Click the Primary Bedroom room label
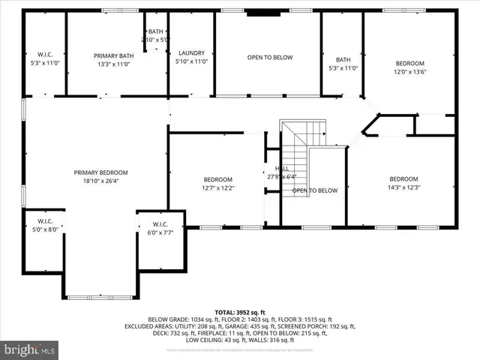tap(100, 172)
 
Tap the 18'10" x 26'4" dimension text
tap(100, 181)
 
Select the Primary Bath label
tap(114, 56)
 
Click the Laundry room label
tap(191, 52)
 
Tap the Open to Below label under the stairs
tap(315, 190)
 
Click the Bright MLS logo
tap(30, 349)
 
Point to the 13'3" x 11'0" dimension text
tap(114, 64)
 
